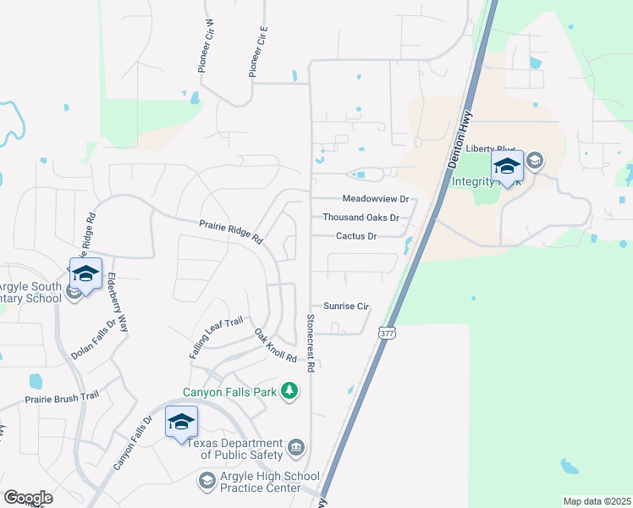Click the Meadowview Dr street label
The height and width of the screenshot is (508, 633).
coord(375,199)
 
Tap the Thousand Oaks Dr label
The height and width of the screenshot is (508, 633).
coord(361,218)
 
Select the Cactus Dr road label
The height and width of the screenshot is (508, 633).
coord(355,236)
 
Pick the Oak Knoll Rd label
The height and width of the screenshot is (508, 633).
coord(276,346)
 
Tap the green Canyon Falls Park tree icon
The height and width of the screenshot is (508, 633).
coord(290,390)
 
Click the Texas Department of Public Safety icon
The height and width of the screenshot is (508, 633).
coord(296,447)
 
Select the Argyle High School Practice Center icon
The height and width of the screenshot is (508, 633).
coord(206,481)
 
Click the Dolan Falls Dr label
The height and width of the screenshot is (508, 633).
coord(93,339)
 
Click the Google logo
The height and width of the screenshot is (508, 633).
coord(28,498)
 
